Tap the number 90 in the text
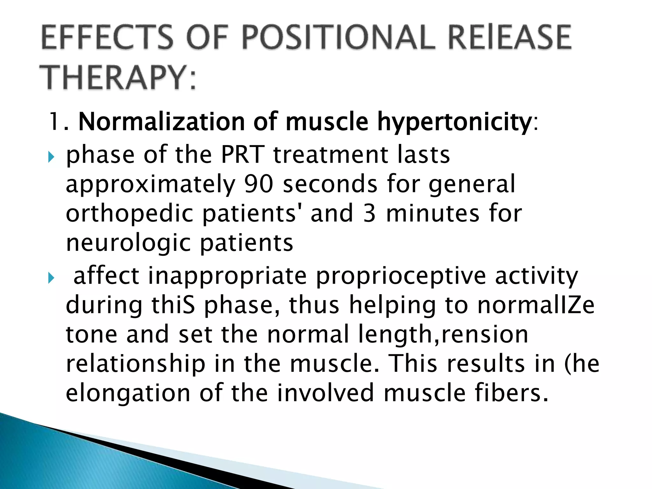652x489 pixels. pos(259,184)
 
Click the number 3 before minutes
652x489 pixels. pos(369,213)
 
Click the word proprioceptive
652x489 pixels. pos(401,276)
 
